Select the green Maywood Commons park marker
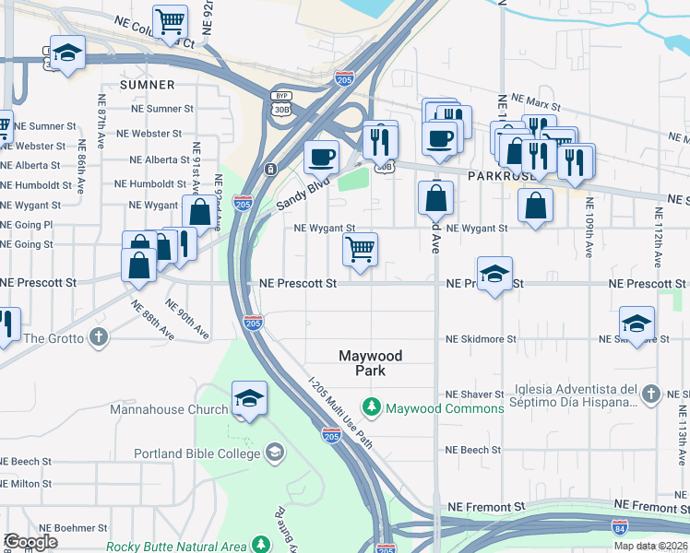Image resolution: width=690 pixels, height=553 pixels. (x=372, y=406)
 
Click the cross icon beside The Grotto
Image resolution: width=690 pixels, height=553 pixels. (x=98, y=338)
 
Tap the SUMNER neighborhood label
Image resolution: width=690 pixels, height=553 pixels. (x=147, y=85)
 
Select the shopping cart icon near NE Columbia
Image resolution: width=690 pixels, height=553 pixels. (x=171, y=20)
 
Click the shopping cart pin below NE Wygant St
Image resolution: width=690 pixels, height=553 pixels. (x=360, y=247)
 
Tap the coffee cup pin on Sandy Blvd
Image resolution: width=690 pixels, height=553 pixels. (x=321, y=157)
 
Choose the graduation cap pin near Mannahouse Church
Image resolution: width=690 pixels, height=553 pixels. (x=249, y=398)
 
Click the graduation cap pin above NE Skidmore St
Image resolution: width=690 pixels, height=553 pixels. (x=636, y=324)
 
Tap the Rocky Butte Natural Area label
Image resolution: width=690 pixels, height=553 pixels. (x=175, y=547)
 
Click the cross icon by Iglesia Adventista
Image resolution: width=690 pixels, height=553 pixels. (x=650, y=394)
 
